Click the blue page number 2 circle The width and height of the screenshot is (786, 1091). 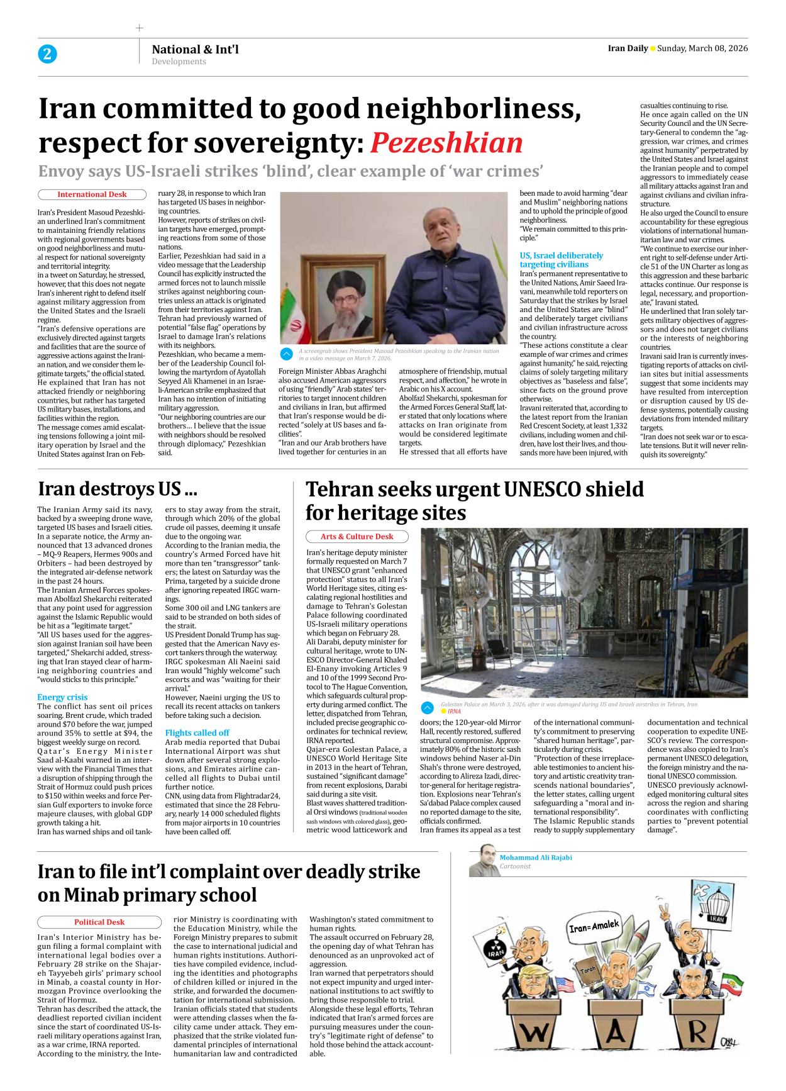coord(47,54)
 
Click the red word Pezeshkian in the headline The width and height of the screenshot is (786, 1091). coord(446,143)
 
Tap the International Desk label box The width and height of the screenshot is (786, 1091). coord(92,195)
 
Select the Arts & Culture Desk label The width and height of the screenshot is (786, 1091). coord(357,537)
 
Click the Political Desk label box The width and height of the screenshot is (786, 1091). coord(99,922)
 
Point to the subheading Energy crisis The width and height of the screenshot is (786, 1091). coord(62,697)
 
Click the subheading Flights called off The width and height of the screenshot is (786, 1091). coord(197,733)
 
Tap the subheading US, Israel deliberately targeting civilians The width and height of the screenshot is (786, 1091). coord(561,260)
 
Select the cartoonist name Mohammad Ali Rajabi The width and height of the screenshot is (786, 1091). coord(536,858)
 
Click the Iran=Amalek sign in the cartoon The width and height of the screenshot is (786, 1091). coord(594,926)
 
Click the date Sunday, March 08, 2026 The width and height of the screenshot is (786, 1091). coord(702,48)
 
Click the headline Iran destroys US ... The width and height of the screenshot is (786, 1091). coord(118,489)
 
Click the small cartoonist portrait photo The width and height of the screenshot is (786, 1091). coord(484,861)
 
